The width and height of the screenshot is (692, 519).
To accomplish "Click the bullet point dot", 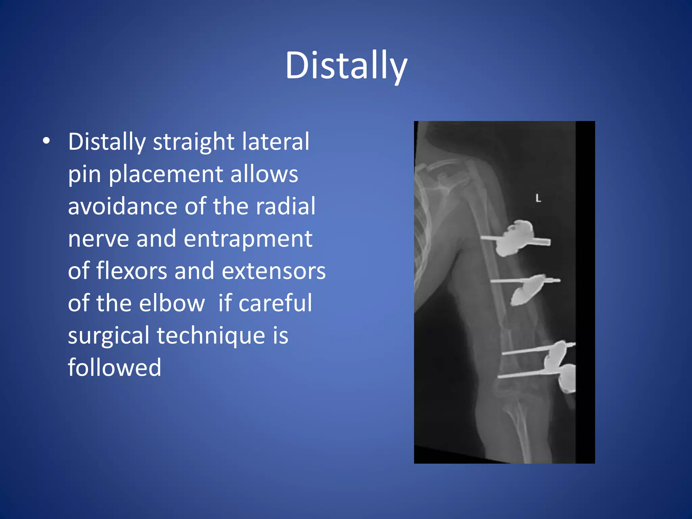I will (46, 141).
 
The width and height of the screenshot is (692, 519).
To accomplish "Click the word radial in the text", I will (286, 206).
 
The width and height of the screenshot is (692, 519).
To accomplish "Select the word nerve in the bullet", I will (98, 239).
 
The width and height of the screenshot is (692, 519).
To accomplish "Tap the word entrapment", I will (248, 239).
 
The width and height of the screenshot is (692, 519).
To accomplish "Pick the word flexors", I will (132, 271).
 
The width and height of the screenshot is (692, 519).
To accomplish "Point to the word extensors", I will (274, 271).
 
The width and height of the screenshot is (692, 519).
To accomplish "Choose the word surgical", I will (108, 336).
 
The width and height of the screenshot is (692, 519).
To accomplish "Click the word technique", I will (211, 336).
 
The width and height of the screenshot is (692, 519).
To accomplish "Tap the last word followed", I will (115, 368).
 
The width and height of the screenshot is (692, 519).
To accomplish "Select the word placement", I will (166, 174).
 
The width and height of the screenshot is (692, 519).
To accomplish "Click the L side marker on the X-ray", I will (538, 198).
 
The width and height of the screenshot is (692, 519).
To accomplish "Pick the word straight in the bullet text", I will (194, 141).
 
